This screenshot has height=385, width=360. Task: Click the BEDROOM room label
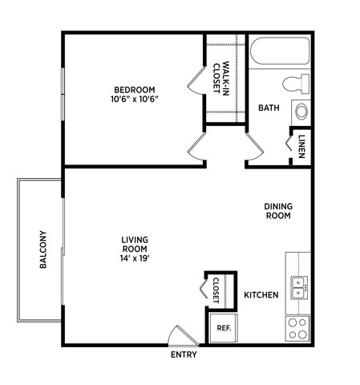click(x=134, y=89)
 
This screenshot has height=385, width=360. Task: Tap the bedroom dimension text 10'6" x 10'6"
click(x=134, y=99)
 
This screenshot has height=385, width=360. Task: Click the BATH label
click(x=267, y=107)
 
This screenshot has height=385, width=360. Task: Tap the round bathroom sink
click(x=301, y=111)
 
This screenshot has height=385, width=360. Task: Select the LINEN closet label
click(x=302, y=147)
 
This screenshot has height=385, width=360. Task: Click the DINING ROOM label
click(x=278, y=210)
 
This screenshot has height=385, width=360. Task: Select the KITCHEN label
click(x=261, y=295)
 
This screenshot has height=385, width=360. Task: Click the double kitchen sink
click(x=299, y=287)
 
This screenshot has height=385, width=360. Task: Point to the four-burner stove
click(x=298, y=328)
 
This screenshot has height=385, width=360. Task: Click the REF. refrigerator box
click(x=224, y=327)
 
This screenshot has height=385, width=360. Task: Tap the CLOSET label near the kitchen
click(x=216, y=290)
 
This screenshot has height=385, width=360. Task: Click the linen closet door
click(x=289, y=144)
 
